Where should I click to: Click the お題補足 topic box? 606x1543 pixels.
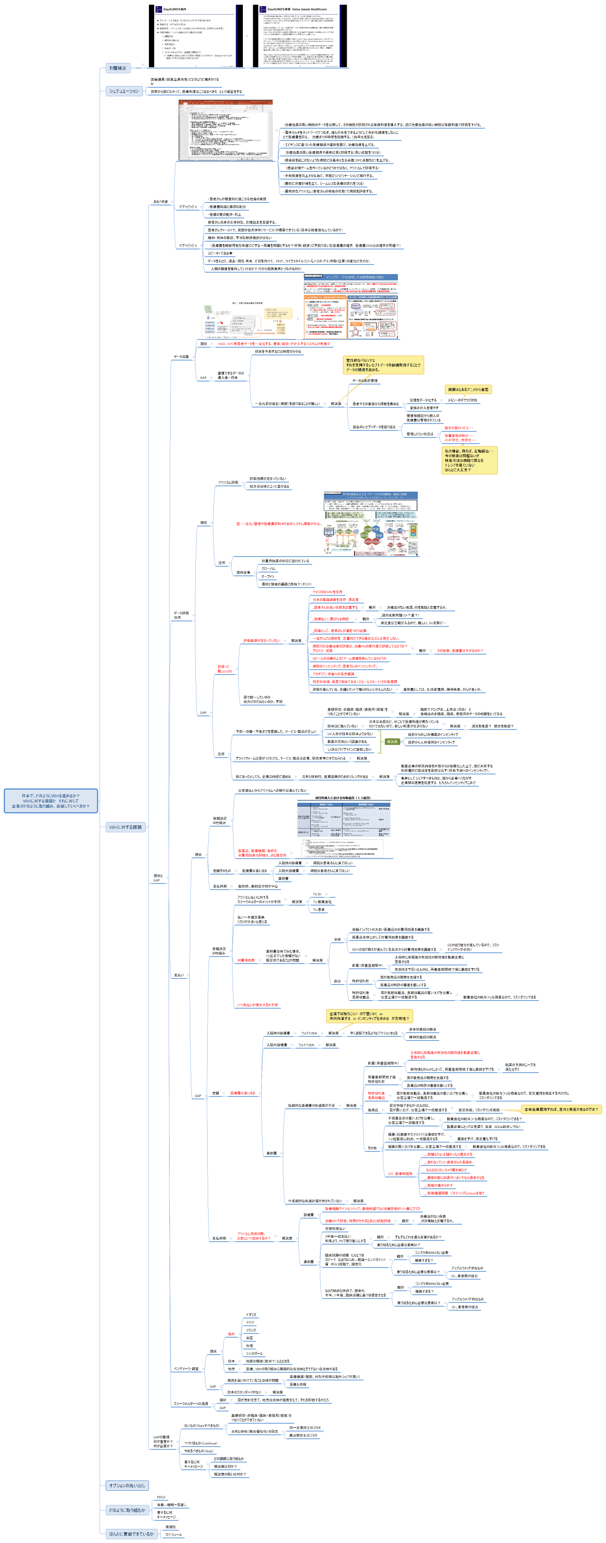(117, 68)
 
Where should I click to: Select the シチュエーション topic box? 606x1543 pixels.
(124, 91)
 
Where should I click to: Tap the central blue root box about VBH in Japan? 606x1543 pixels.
(50, 801)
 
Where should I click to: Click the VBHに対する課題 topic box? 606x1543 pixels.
(125, 827)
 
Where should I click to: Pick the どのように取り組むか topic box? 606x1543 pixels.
(126, 1510)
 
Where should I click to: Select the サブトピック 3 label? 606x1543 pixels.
(187, 207)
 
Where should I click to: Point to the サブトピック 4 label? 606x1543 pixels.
(187, 246)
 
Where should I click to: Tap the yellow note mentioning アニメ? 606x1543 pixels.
(468, 389)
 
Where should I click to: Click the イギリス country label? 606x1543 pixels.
(250, 1314)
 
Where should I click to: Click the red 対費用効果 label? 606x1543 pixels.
(246, 960)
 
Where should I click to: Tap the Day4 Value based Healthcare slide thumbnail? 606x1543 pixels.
(299, 36)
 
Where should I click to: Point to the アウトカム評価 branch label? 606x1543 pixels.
(228, 482)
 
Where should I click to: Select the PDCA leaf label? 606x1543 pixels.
(161, 1497)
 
